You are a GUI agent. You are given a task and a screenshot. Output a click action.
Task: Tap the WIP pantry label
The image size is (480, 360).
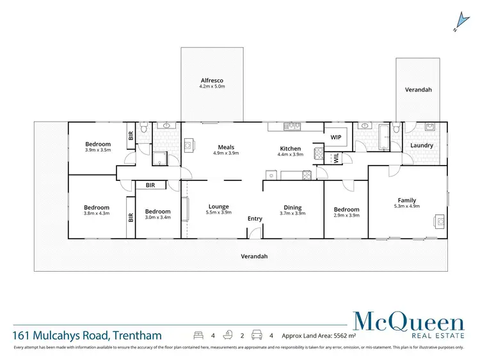335,137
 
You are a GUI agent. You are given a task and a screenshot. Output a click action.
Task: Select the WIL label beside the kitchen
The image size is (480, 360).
335,158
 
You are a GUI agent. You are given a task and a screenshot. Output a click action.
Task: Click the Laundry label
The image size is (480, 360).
422,145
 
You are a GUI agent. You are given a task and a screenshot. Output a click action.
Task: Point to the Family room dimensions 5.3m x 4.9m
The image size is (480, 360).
406,207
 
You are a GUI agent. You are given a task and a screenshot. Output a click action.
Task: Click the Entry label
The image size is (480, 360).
255,219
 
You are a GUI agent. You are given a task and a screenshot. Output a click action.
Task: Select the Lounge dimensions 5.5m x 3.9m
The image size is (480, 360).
218,213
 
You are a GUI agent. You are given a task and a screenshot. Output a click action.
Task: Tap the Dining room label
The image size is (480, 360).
292,207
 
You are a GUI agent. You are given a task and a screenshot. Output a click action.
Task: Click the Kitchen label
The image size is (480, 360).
289,148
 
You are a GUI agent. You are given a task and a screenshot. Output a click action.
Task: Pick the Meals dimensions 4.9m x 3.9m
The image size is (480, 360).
225,153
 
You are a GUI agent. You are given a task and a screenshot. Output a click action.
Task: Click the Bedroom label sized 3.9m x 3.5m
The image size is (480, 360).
98,145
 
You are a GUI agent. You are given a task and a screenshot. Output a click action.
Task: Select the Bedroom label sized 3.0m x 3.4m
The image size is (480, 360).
157,212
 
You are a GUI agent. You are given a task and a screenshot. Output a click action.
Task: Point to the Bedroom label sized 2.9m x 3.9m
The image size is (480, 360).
346,209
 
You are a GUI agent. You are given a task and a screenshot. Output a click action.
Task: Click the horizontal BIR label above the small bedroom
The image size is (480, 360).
150,185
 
